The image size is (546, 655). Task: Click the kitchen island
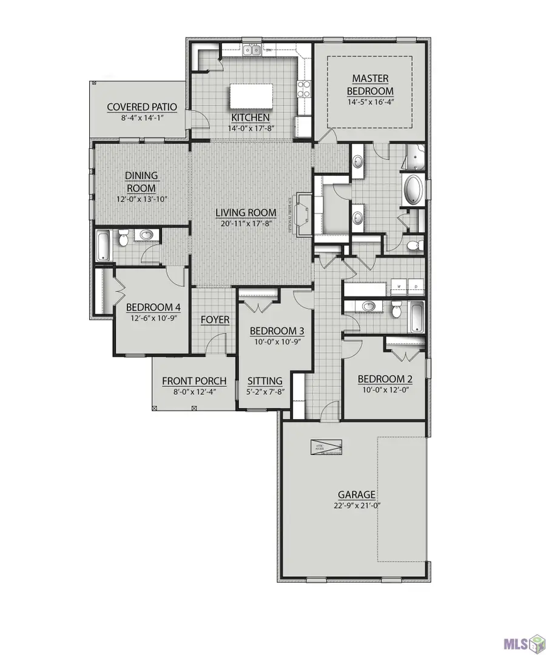click(x=250, y=96)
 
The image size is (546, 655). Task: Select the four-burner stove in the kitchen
click(x=303, y=90)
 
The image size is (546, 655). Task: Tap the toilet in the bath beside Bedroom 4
click(x=124, y=240)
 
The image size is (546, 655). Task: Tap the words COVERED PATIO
click(x=142, y=107)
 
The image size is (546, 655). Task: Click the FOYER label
click(x=215, y=320)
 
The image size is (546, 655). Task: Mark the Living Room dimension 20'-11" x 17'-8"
click(x=246, y=223)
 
